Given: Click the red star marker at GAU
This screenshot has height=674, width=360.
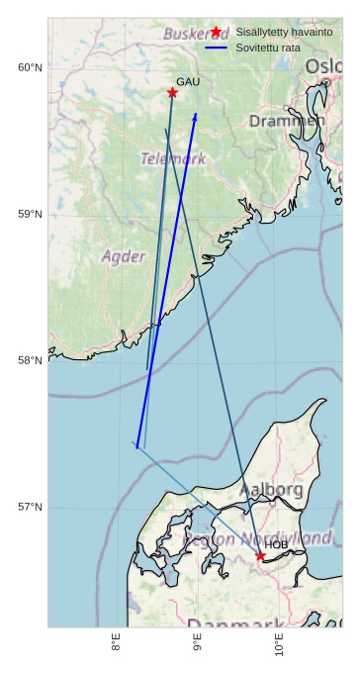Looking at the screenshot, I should [172, 92].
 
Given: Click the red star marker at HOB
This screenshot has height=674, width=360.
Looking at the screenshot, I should [260, 555].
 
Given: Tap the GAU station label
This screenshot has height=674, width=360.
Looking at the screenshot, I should [188, 81].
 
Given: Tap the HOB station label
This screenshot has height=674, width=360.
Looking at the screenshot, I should [276, 544].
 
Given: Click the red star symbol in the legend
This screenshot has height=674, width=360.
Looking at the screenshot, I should [216, 32].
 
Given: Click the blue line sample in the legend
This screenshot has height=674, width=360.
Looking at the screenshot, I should [216, 48].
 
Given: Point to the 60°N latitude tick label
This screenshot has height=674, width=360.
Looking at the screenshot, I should [30, 67].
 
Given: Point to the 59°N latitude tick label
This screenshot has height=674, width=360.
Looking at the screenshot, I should [30, 214].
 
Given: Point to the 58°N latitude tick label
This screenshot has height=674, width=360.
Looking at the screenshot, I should [30, 360].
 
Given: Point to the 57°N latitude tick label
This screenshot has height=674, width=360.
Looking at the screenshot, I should [30, 507].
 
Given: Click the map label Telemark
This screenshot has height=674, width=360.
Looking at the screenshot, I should [173, 158].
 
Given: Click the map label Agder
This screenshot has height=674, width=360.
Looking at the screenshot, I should [123, 256].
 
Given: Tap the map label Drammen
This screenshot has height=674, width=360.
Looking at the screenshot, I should [286, 121].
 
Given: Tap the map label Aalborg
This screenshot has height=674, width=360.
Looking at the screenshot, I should [271, 489].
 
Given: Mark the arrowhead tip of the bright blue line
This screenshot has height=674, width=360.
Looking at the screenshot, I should [196, 113].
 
